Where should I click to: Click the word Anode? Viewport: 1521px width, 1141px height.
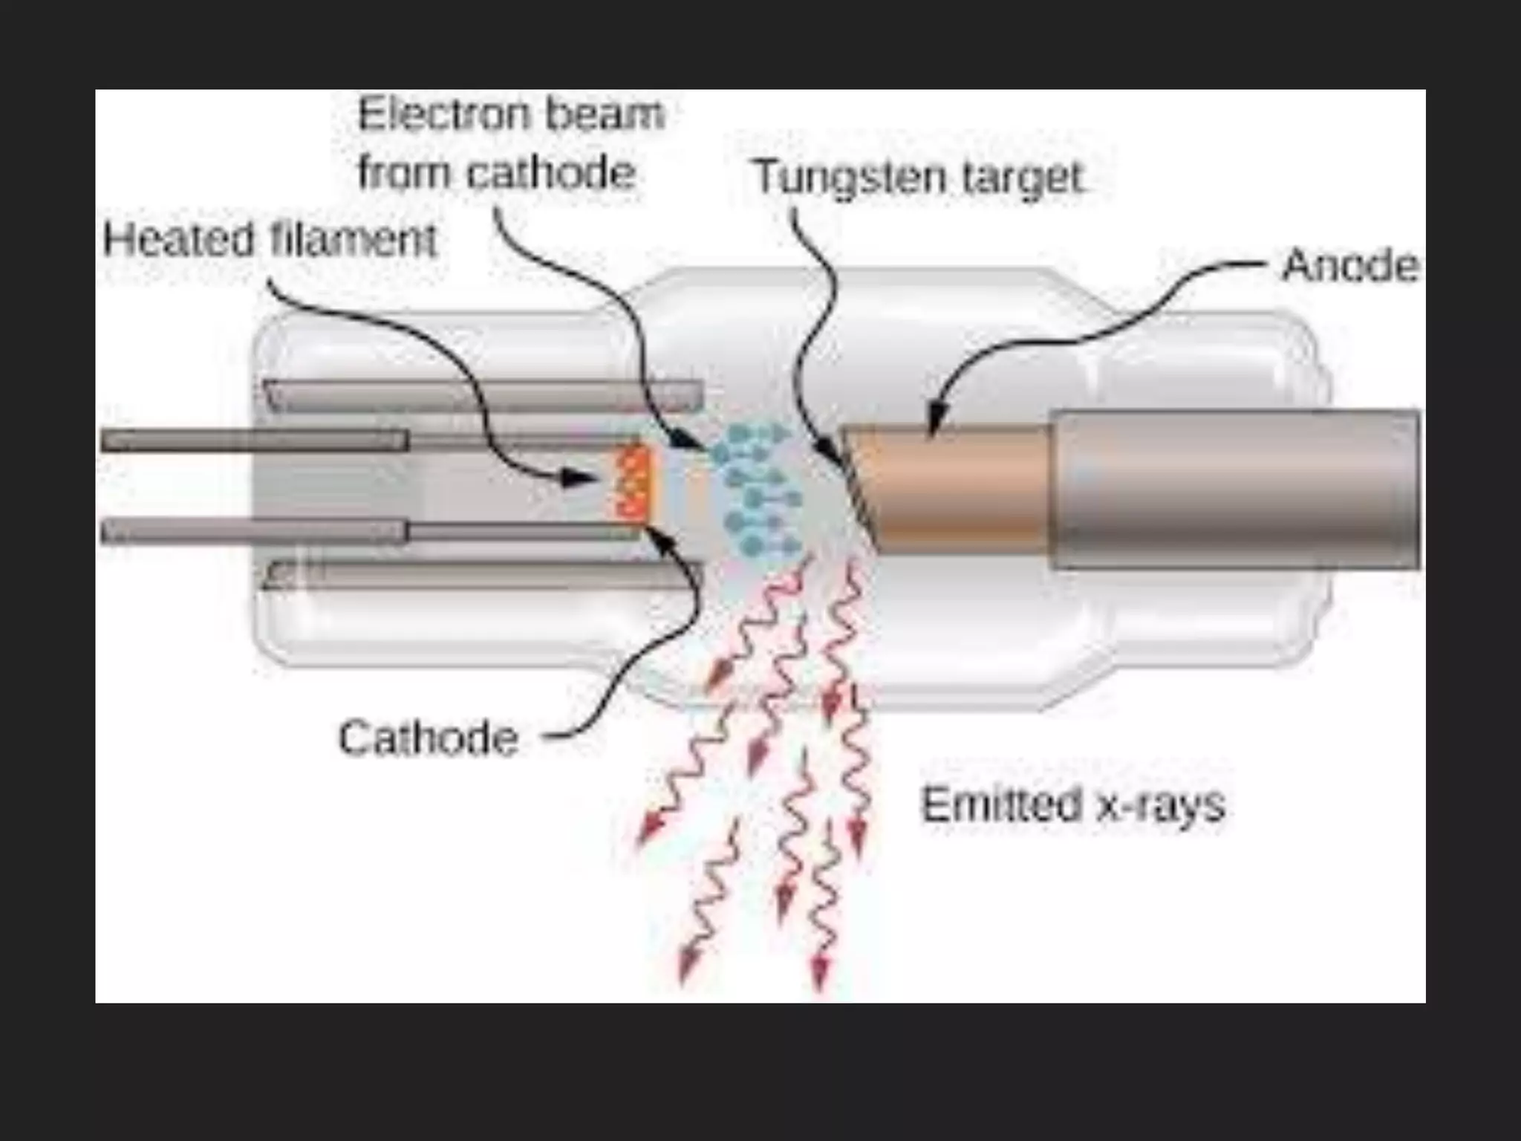(1349, 265)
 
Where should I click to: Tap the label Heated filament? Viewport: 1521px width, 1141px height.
(270, 240)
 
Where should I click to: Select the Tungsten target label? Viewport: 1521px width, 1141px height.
(918, 178)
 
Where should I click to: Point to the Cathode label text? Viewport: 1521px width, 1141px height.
(428, 738)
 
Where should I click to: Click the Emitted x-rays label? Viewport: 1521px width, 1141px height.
(1072, 804)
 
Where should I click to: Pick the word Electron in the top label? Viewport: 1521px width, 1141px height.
(443, 114)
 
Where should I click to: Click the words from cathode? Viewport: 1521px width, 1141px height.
(496, 174)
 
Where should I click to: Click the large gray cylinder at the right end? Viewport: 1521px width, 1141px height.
(1233, 489)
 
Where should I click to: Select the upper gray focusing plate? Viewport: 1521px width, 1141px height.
(483, 395)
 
